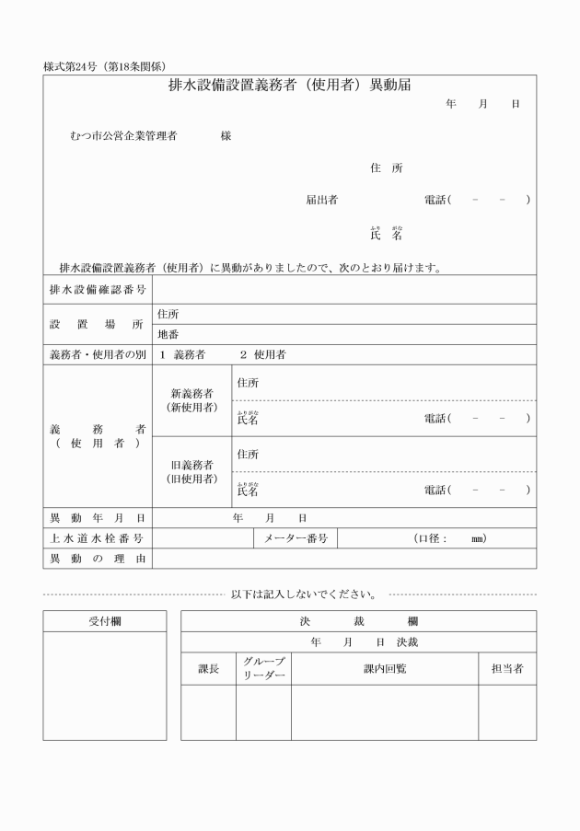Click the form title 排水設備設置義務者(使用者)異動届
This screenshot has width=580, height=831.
coord(289,86)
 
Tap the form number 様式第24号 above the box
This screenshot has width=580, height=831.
coord(71,67)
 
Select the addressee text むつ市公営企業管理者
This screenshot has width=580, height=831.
coord(123,136)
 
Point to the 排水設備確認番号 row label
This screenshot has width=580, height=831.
coord(97,290)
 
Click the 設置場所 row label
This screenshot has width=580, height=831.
coord(97,324)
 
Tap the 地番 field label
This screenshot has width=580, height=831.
coord(168,334)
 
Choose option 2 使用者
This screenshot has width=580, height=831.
coord(262,354)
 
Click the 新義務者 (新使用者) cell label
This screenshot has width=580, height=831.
coord(193,400)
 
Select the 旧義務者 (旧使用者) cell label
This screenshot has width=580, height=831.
coord(193,472)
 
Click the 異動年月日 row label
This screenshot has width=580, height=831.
coord(97,518)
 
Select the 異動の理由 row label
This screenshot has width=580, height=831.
coord(97,559)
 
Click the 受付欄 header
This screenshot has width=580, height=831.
coord(104,621)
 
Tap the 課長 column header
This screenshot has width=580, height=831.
coord(209,669)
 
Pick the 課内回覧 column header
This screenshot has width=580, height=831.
coord(385,669)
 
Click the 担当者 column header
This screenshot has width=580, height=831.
coord(507,669)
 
